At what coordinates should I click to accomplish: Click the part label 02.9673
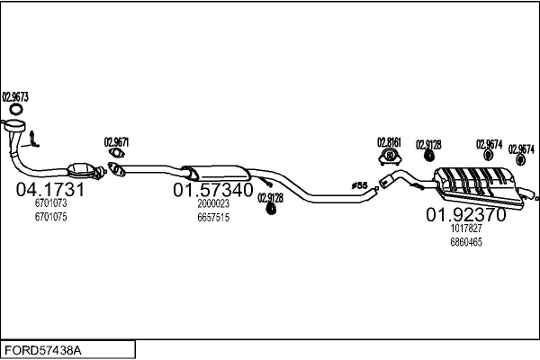coord(15,96)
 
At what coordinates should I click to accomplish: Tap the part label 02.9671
coord(117,141)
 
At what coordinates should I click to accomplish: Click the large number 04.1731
coord(50,190)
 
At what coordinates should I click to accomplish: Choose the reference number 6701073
coord(51,204)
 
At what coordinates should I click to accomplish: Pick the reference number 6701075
coord(51,216)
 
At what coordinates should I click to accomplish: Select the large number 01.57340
coord(213,191)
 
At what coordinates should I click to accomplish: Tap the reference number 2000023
coord(213,204)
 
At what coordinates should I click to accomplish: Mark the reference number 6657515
coord(213,217)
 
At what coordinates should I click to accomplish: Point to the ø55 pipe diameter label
coord(359,186)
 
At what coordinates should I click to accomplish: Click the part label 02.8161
coord(390,142)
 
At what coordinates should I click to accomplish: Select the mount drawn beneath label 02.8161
coord(391,158)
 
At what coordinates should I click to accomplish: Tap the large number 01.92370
coord(465,215)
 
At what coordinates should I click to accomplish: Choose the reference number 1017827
coord(465,229)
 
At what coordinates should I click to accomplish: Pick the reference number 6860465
coord(465,241)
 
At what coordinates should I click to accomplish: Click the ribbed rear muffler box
coord(472,184)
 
